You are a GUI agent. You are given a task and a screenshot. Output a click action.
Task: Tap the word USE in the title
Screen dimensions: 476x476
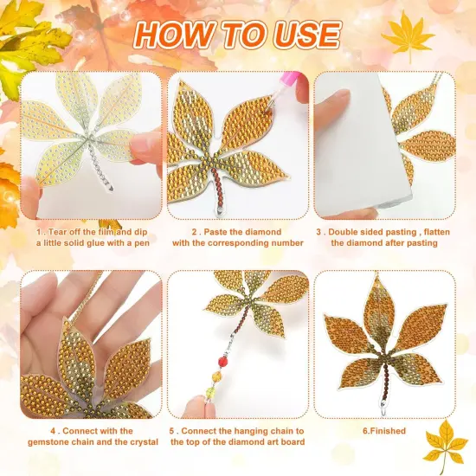click(x=306, y=35)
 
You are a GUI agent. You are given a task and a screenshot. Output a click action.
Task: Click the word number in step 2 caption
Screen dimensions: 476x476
click(x=286, y=243)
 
